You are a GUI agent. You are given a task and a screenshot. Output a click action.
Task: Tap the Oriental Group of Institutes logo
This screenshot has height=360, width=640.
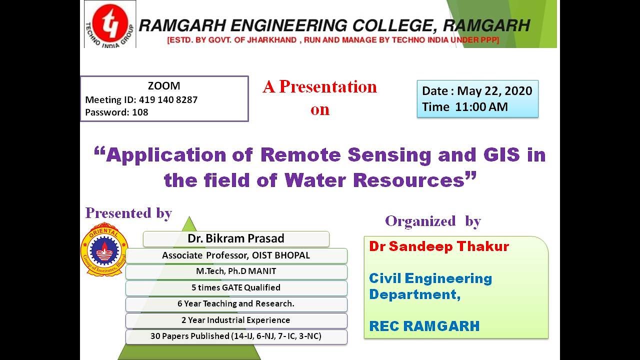click(104, 248)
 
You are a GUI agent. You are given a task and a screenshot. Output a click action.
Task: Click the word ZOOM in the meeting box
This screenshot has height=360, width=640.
click(164, 86)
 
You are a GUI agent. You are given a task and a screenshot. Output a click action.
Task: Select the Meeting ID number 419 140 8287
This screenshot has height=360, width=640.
click(168, 99)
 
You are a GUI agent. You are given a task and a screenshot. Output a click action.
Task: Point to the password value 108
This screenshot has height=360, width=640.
click(140, 112)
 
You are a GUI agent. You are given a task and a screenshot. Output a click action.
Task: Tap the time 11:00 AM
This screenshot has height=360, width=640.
click(481, 106)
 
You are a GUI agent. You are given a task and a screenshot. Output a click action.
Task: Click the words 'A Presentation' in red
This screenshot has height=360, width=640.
click(320, 87)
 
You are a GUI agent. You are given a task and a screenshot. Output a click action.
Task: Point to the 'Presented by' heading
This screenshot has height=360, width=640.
click(128, 213)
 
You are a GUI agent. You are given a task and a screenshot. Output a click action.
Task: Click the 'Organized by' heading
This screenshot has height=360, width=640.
click(432, 221)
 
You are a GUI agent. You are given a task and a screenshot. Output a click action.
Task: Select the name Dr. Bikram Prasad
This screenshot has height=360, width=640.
click(235, 238)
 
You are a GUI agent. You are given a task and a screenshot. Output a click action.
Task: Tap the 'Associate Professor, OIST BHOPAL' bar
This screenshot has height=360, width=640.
click(236, 255)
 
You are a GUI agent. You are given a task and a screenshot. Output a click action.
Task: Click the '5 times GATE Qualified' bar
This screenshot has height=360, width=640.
click(236, 287)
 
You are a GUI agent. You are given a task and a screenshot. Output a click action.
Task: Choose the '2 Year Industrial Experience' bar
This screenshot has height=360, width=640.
click(236, 320)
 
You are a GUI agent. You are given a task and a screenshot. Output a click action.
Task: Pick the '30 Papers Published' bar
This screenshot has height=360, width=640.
click(236, 336)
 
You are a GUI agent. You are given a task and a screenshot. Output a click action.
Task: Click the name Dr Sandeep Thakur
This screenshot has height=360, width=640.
click(439, 246)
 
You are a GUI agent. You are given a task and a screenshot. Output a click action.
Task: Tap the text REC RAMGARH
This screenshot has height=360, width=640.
click(424, 326)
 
